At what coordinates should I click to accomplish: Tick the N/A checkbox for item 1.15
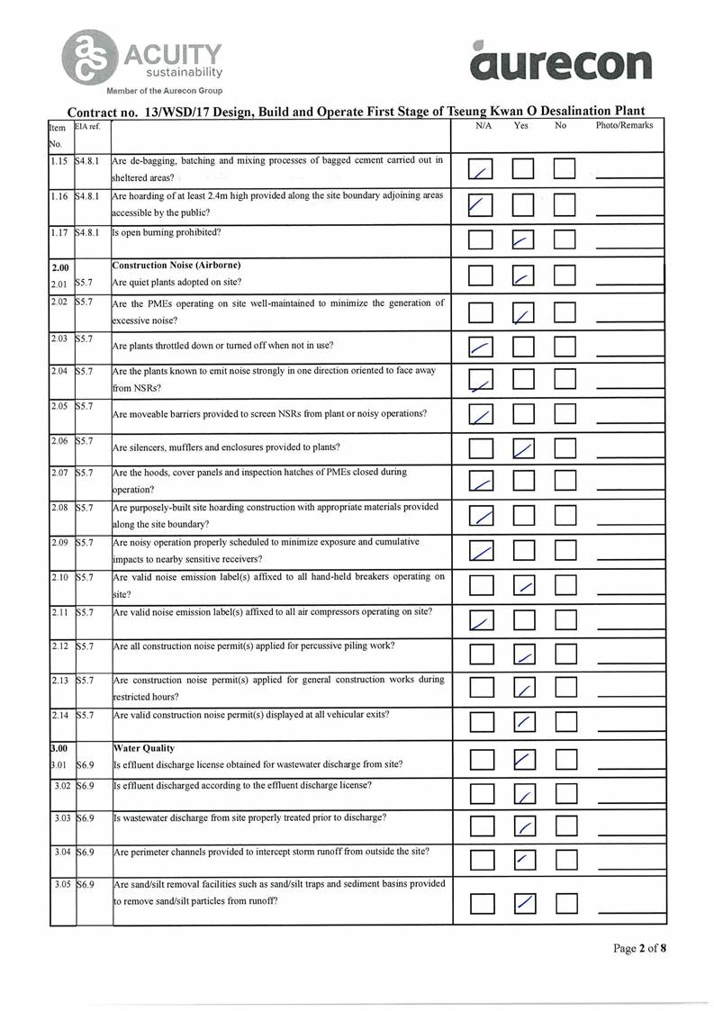click(x=483, y=169)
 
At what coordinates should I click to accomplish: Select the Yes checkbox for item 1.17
click(x=524, y=239)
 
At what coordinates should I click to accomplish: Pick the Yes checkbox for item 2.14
click(x=525, y=721)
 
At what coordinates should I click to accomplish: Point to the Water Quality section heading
click(x=143, y=748)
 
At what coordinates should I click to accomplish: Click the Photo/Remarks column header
click(x=624, y=126)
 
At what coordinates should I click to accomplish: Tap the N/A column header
click(x=484, y=126)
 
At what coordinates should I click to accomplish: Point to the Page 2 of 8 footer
click(x=639, y=948)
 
